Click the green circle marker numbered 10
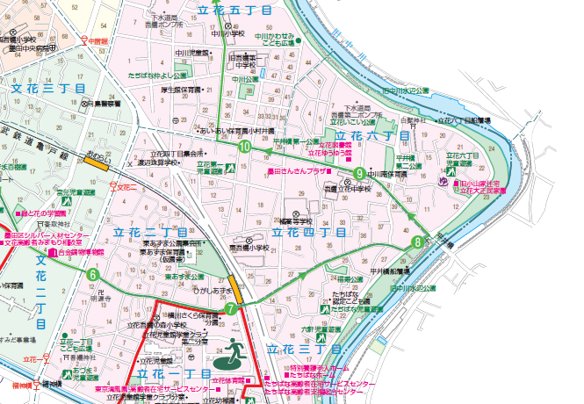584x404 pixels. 243,146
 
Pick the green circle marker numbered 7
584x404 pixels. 230,308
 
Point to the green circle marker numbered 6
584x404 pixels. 92,274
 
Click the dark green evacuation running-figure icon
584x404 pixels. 230,355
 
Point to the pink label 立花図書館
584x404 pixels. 335,144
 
